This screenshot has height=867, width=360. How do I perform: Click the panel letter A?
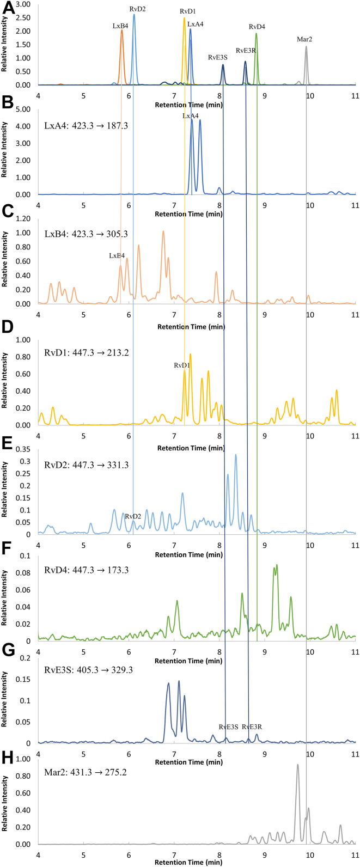pyautogui.click(x=6, y=6)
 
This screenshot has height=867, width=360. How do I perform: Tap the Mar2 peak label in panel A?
pyautogui.click(x=304, y=39)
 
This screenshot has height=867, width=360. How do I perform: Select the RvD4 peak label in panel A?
pyautogui.click(x=257, y=27)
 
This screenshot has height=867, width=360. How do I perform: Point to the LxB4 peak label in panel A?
pyautogui.click(x=121, y=25)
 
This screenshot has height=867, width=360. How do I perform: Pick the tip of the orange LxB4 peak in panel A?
pyautogui.click(x=121, y=30)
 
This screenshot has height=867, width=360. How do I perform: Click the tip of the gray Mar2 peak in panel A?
pyautogui.click(x=306, y=46)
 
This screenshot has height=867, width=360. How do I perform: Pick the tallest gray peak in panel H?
pyautogui.click(x=297, y=765)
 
